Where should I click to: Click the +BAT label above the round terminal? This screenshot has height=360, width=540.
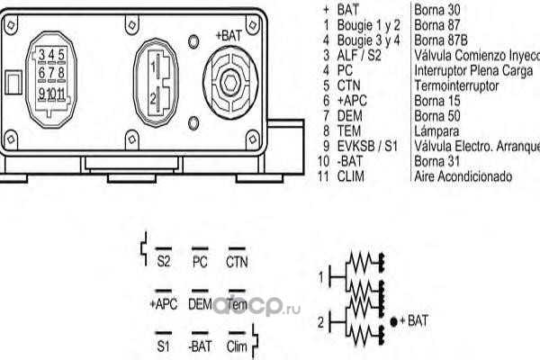click(x=229, y=35)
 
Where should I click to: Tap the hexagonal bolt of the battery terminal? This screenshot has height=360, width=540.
click(x=229, y=83)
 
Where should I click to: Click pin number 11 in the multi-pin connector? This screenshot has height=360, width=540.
click(x=60, y=92)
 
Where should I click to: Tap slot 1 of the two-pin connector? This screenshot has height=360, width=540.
click(x=155, y=66)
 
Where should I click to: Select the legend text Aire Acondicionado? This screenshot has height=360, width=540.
click(x=463, y=175)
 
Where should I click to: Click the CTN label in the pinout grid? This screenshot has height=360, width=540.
click(x=237, y=263)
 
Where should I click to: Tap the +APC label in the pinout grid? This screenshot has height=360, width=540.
click(x=163, y=304)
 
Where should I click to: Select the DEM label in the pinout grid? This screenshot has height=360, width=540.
click(x=200, y=304)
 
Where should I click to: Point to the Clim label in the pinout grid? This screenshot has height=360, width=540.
click(x=237, y=346)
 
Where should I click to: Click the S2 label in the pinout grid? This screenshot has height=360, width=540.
click(x=163, y=263)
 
